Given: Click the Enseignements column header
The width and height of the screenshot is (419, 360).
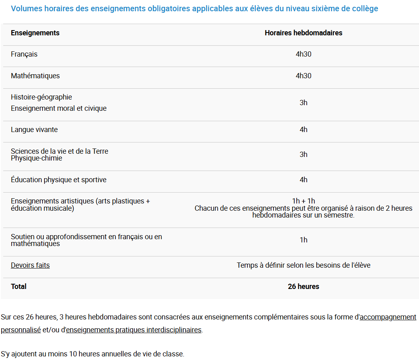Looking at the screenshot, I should [35, 33].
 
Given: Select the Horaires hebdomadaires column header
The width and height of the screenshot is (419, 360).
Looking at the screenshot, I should [303, 33].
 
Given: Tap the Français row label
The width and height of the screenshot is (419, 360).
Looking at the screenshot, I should [24, 54].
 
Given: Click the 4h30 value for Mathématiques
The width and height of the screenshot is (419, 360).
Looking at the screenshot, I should [303, 76].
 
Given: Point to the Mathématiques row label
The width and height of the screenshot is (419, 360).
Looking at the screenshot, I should [35, 76].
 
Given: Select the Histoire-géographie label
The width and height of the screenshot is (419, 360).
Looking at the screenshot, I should [41, 97].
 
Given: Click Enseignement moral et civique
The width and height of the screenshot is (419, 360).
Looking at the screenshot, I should [59, 108].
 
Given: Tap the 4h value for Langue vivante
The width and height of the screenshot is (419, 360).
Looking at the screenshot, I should [303, 130].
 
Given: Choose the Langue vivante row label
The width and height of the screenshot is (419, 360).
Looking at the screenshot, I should [34, 130].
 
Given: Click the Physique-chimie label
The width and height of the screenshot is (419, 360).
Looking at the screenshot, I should [36, 158].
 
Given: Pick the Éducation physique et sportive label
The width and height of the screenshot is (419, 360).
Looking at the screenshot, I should [59, 180].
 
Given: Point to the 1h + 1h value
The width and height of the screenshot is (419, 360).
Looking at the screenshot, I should [303, 201].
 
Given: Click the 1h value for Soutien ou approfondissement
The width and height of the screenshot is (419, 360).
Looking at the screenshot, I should [303, 240].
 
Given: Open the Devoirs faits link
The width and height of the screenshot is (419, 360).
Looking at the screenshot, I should [30, 265].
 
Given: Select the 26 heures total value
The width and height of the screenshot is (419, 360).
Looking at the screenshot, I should [303, 287].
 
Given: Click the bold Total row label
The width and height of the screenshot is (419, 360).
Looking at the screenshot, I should [18, 287].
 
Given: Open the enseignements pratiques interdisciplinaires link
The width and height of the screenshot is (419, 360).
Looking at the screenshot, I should [134, 330].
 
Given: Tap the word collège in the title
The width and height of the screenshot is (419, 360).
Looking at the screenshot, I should [364, 8].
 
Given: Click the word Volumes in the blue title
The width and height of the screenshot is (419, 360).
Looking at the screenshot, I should [25, 8].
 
